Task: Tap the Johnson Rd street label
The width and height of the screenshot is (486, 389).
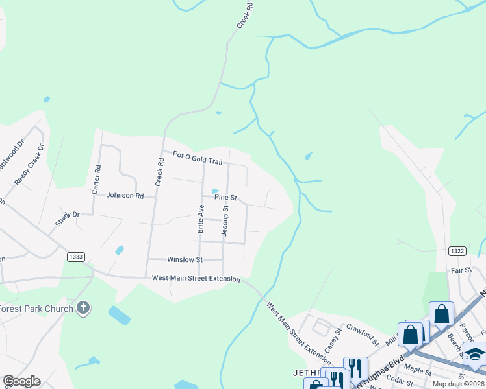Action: [x=125, y=195]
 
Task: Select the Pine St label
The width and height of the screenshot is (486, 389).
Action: [x=225, y=197]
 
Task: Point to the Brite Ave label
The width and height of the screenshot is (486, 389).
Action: [x=201, y=218]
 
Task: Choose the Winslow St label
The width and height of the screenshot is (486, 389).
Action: [x=185, y=259]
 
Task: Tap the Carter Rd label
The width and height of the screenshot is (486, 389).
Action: [x=96, y=180]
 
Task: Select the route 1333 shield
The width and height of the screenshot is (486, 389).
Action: [x=75, y=257]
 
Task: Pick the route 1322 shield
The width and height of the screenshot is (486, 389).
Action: [x=457, y=250]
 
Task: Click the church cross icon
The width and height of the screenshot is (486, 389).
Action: [x=83, y=308]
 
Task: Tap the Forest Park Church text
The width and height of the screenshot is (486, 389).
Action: [x=36, y=309]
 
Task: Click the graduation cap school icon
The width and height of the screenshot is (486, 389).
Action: [x=475, y=354]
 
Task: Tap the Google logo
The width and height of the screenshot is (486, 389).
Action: [x=21, y=381]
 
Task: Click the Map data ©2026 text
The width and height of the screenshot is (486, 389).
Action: [x=458, y=384]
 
